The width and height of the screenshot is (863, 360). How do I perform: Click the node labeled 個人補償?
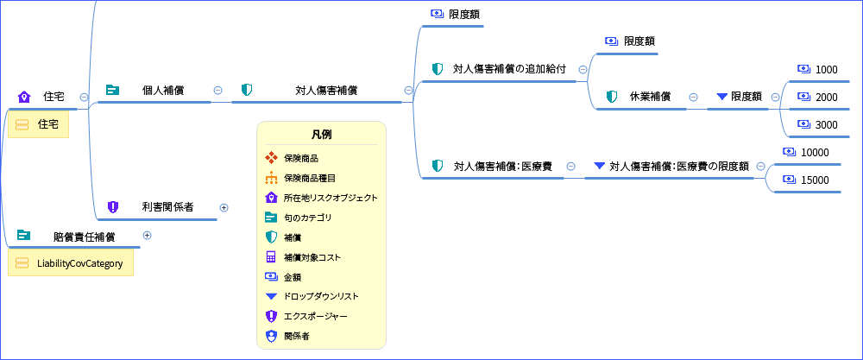point(162,90)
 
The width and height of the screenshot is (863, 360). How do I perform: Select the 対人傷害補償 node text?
point(326,90)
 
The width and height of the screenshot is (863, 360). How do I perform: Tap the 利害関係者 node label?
point(167,207)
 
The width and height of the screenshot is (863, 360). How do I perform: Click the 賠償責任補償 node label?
point(84,236)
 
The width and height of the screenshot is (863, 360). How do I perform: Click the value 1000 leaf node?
point(826,70)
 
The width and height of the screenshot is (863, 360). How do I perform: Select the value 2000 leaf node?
point(826,98)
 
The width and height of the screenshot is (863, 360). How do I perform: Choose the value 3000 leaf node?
point(826,125)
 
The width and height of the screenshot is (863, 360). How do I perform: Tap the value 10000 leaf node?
point(815,153)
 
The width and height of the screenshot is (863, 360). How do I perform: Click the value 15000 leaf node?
point(815,180)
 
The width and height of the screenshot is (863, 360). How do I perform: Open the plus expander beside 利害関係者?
point(224,207)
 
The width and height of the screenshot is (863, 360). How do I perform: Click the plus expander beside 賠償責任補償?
point(147,235)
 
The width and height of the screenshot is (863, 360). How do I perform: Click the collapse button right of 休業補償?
point(693,97)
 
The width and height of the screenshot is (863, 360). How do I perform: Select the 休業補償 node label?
point(650,97)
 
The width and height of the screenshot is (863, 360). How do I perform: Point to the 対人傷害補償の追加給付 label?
point(509,69)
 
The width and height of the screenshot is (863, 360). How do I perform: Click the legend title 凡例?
point(321,135)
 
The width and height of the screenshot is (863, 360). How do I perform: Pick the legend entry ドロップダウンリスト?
point(321,296)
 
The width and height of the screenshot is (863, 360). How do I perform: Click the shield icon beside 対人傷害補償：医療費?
point(438,166)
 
